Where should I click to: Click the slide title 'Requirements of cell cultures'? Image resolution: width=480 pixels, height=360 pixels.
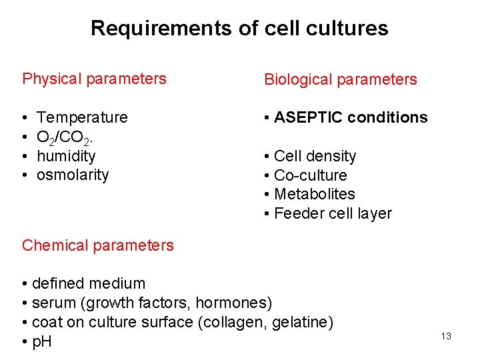[x=239, y=28]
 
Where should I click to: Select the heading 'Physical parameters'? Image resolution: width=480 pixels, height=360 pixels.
[x=94, y=79]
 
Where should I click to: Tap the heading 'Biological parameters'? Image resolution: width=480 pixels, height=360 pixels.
[x=340, y=79]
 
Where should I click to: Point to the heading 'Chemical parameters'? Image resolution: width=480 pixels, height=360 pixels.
[x=97, y=245]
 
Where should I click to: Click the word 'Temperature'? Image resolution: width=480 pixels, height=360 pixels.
[x=82, y=117]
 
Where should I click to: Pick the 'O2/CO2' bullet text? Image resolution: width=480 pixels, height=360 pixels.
[x=65, y=137]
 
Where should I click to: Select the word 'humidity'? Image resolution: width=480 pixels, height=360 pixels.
[x=66, y=156]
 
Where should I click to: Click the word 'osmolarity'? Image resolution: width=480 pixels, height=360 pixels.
[x=73, y=175]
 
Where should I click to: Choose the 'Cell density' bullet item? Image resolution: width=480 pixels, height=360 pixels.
[x=315, y=156]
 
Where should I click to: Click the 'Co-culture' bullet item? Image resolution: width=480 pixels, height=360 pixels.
[x=310, y=175]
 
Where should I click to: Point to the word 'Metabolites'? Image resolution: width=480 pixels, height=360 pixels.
[x=314, y=194]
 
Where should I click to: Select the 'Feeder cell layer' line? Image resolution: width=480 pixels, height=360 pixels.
[x=332, y=213]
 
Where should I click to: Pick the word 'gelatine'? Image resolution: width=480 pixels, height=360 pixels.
[x=298, y=323]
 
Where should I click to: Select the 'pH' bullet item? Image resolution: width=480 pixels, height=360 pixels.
[x=41, y=342]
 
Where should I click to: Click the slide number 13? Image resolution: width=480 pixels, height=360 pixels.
[x=446, y=336]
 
